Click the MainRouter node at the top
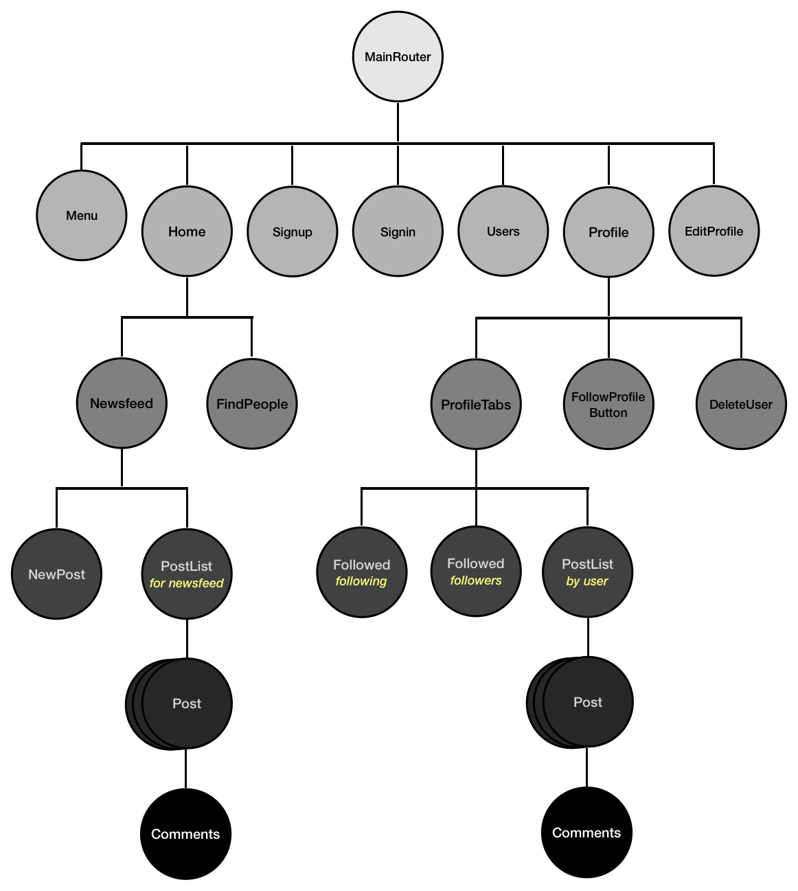point(398,57)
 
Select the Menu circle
point(82,216)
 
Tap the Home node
point(187,232)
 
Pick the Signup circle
point(293,232)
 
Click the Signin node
point(398,232)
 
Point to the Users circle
point(503,232)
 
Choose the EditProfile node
point(714,232)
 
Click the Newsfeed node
point(122,403)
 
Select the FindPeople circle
point(252,404)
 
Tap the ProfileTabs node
point(476,405)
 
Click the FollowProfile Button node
point(608,405)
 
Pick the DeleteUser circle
point(741,405)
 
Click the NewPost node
point(57,574)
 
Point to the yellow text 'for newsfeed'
point(187,583)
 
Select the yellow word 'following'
point(361,581)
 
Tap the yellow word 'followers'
point(476,580)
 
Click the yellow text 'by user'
point(587,581)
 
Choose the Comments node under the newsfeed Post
point(185,834)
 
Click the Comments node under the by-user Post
point(586,833)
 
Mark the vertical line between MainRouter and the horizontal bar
point(398,122)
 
